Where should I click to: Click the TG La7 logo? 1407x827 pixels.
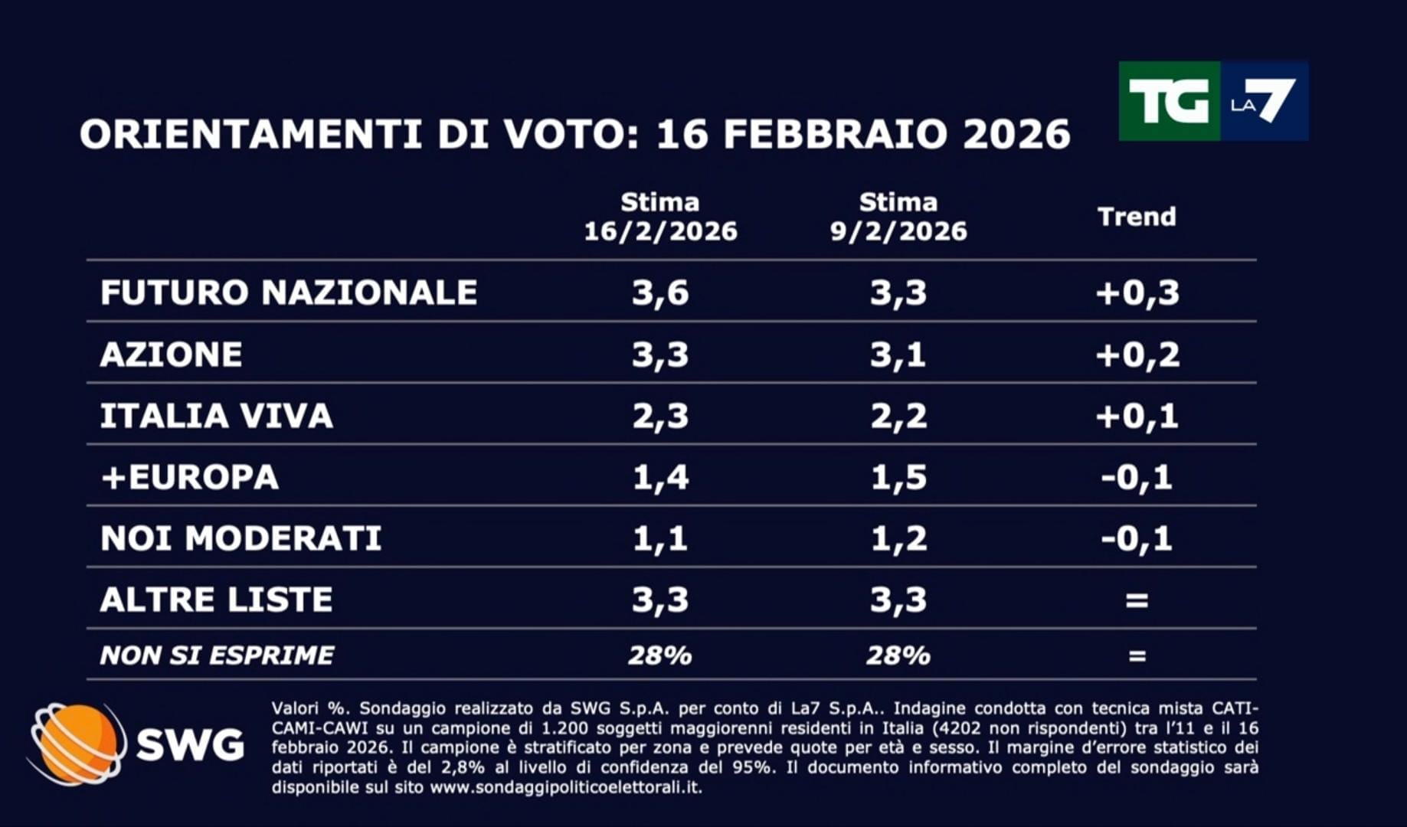tap(1213, 101)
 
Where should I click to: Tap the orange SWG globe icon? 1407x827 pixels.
tap(77, 744)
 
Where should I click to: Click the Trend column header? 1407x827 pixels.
tap(1137, 217)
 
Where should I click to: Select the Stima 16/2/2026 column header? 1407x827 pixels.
tap(660, 217)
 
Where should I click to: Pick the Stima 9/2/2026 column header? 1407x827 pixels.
tap(898, 217)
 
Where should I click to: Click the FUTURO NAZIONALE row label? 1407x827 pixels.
tap(289, 293)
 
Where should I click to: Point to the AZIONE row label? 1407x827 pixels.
tap(172, 355)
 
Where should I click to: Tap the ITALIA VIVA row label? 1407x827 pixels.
tap(217, 416)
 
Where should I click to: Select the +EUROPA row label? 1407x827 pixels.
tap(190, 477)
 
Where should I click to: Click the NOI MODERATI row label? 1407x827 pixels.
tap(241, 538)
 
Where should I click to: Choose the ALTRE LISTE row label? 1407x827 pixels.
tap(217, 600)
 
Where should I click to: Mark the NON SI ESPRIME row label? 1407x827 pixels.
tap(217, 655)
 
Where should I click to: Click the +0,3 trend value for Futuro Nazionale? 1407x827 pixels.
tap(1137, 293)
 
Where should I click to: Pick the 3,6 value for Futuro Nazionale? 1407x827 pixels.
tap(660, 293)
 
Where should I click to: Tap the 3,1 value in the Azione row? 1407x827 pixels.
tap(898, 355)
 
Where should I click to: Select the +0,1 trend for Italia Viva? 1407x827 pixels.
tap(1137, 416)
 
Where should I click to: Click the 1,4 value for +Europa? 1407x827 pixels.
tap(660, 477)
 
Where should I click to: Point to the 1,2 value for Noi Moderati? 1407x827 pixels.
tap(898, 538)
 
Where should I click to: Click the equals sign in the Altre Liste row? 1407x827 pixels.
tap(1137, 600)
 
